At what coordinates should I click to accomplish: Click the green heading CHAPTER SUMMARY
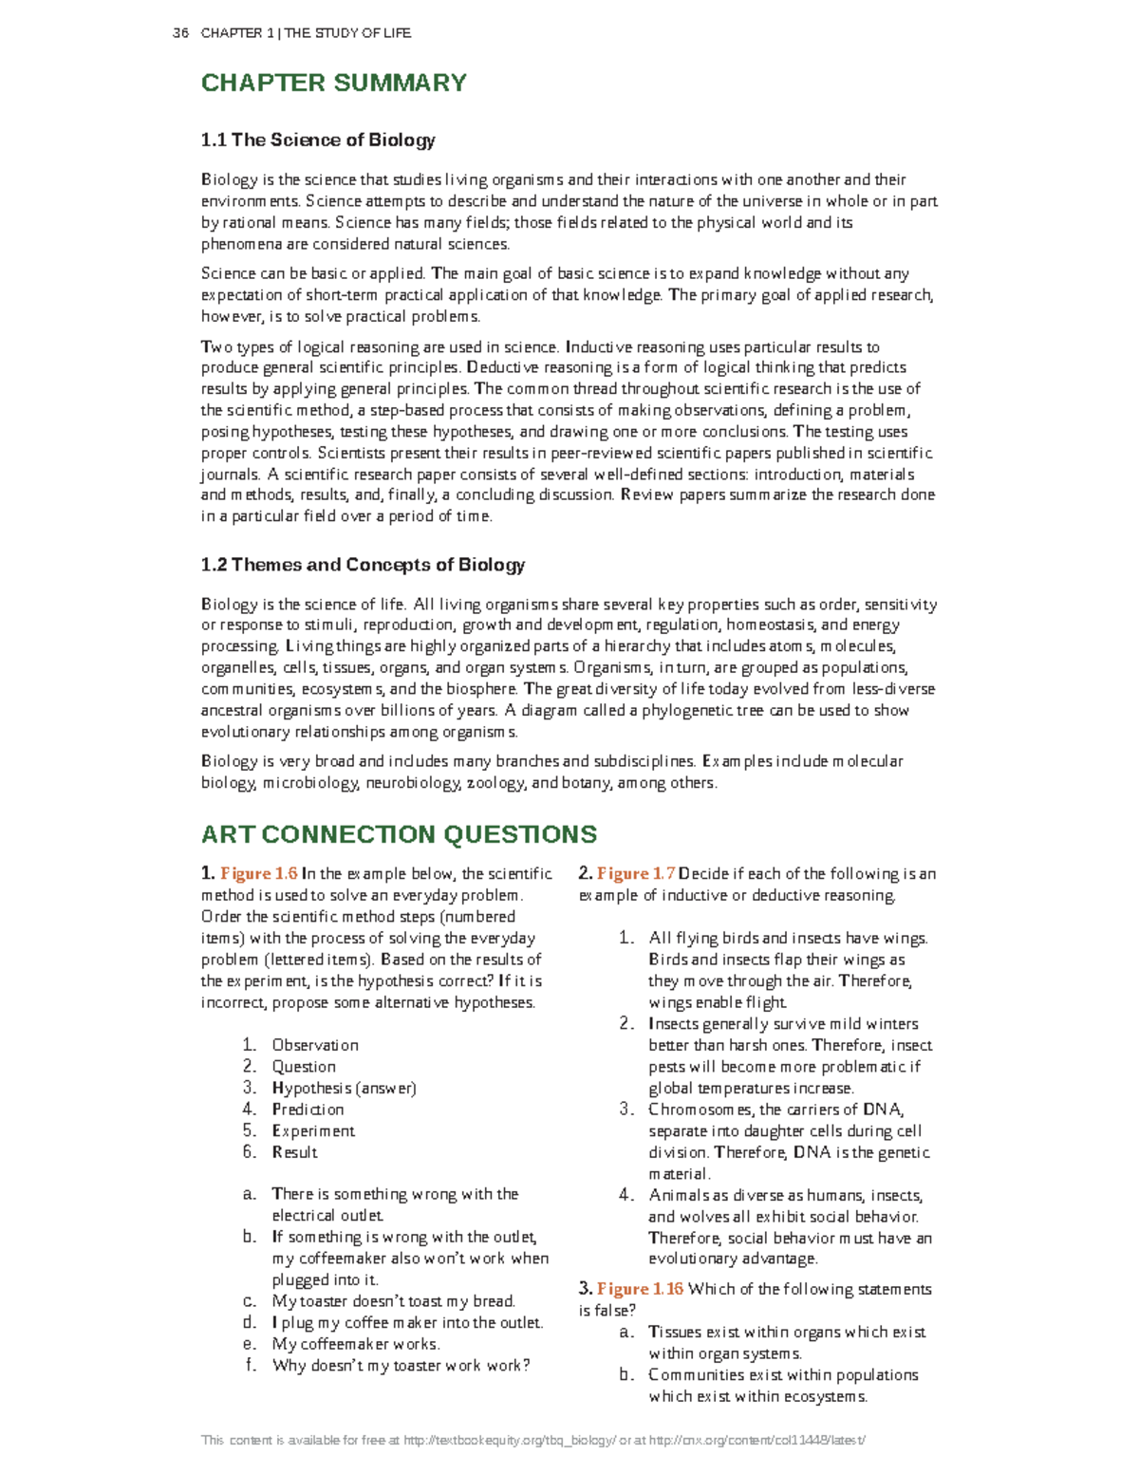[333, 83]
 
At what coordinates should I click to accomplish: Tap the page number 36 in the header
[180, 33]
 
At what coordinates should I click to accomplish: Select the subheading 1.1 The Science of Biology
[318, 140]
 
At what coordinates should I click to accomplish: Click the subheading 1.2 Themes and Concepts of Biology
[363, 565]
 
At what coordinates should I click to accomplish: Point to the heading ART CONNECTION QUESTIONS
[399, 834]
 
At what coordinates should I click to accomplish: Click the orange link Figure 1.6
[259, 874]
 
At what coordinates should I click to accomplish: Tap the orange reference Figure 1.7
[636, 874]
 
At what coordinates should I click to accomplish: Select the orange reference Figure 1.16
[640, 1289]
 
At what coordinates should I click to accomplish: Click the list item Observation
[315, 1045]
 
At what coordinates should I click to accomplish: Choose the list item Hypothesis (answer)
[344, 1088]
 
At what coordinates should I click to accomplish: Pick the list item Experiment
[313, 1130]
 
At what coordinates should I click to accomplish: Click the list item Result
[294, 1152]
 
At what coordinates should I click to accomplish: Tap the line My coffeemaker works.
[356, 1344]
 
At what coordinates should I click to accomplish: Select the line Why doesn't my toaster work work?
[401, 1366]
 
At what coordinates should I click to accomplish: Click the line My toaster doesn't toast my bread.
[393, 1301]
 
